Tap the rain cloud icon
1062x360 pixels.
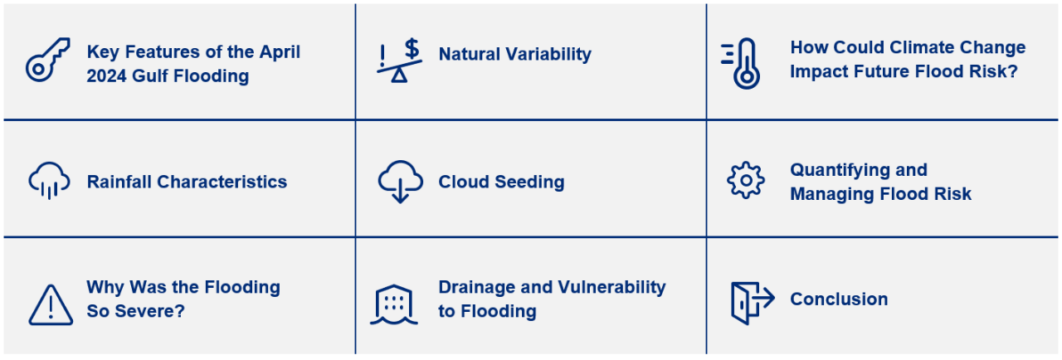point(49,181)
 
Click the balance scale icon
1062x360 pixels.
point(399,61)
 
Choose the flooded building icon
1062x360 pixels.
point(394,305)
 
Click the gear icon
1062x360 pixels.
point(746,180)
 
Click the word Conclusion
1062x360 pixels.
point(839,299)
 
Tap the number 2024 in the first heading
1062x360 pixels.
point(107,75)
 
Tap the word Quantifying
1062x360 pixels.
point(835,169)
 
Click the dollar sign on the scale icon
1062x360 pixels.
point(412,48)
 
